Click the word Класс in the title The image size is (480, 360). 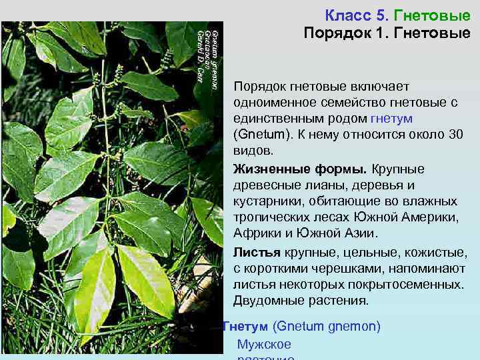(x=345, y=14)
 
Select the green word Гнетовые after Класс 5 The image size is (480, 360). (x=432, y=14)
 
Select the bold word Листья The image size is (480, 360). (x=257, y=252)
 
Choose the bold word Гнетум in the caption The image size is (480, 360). (x=245, y=327)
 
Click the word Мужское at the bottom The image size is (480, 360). (x=264, y=344)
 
